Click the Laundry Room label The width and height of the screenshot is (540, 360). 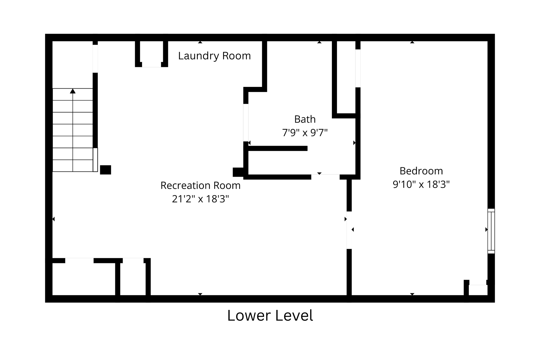click(x=214, y=56)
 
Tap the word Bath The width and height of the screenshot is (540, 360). click(x=305, y=119)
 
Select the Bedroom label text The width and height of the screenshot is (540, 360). click(x=421, y=171)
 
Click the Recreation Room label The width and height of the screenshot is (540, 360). click(x=200, y=186)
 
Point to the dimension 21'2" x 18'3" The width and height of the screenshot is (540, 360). click(x=200, y=199)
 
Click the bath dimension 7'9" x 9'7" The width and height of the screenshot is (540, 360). click(x=305, y=132)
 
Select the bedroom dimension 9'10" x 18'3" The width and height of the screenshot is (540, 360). click(x=421, y=184)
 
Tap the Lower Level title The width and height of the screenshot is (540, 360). click(x=270, y=316)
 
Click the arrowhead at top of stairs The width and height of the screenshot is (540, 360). click(x=73, y=91)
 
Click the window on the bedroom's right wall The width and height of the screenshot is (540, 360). click(x=491, y=231)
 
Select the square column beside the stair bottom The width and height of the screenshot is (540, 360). click(x=105, y=170)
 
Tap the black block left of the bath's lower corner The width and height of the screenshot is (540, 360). click(x=238, y=172)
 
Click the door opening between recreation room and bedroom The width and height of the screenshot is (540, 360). click(x=349, y=230)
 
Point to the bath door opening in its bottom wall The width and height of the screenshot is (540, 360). click(x=325, y=177)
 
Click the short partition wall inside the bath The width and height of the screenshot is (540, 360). click(x=278, y=148)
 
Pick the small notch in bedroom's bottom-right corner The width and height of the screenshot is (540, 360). click(x=478, y=290)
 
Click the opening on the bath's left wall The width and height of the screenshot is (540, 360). click(x=246, y=122)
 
